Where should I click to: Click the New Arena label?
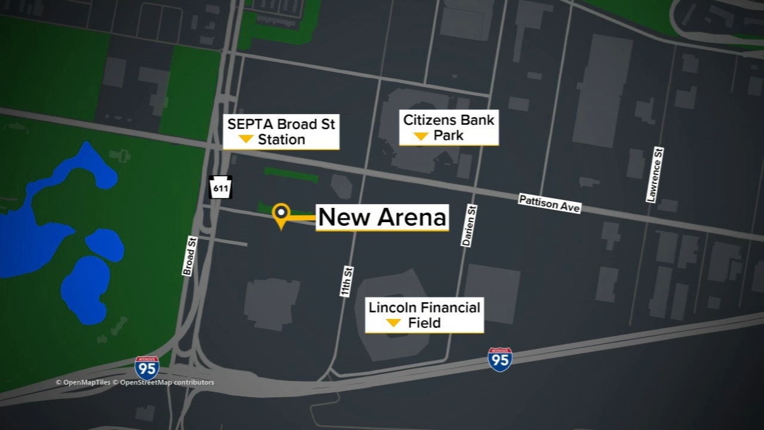pyautogui.click(x=382, y=218)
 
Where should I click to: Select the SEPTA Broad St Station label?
pyautogui.click(x=281, y=132)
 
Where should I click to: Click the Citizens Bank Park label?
pyautogui.click(x=449, y=128)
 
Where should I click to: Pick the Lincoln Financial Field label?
pyautogui.click(x=424, y=315)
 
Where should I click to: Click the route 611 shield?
pyautogui.click(x=220, y=188)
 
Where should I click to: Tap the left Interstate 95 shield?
pyautogui.click(x=147, y=368)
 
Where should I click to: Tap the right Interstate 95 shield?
pyautogui.click(x=500, y=360)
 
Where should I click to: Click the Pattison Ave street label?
pyautogui.click(x=549, y=203)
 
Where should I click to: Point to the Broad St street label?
pyautogui.click(x=189, y=256)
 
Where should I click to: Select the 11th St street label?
pyautogui.click(x=347, y=281)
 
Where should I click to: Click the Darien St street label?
pyautogui.click(x=469, y=226)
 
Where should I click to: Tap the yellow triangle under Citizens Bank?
pyautogui.click(x=421, y=137)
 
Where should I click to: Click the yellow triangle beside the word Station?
pyautogui.click(x=245, y=140)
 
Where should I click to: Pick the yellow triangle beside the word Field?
pyautogui.click(x=393, y=323)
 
